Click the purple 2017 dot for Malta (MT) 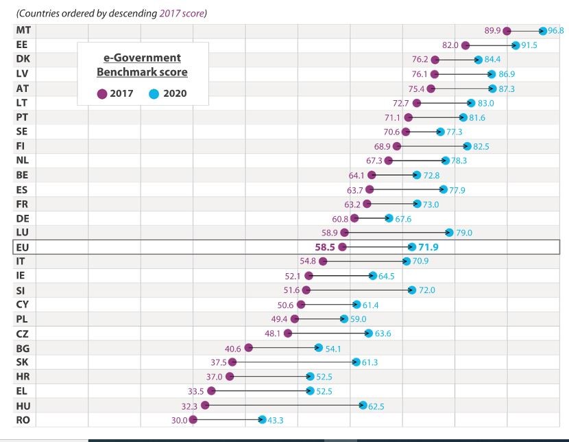[x=507, y=31]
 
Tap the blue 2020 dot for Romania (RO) [x=262, y=420]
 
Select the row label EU [x=21, y=247]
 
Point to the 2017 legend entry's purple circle [x=102, y=94]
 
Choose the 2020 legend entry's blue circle [x=154, y=94]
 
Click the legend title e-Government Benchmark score [x=142, y=65]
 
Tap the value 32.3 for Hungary [x=189, y=406]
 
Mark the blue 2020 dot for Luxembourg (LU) [x=450, y=233]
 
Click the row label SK [x=22, y=362]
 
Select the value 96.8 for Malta [x=556, y=31]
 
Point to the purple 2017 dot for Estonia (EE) [x=465, y=45]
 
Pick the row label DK [x=23, y=60]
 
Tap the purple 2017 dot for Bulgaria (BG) [x=249, y=348]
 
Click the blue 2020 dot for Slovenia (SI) [x=412, y=290]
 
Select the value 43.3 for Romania [x=276, y=420]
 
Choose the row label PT [x=22, y=117]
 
